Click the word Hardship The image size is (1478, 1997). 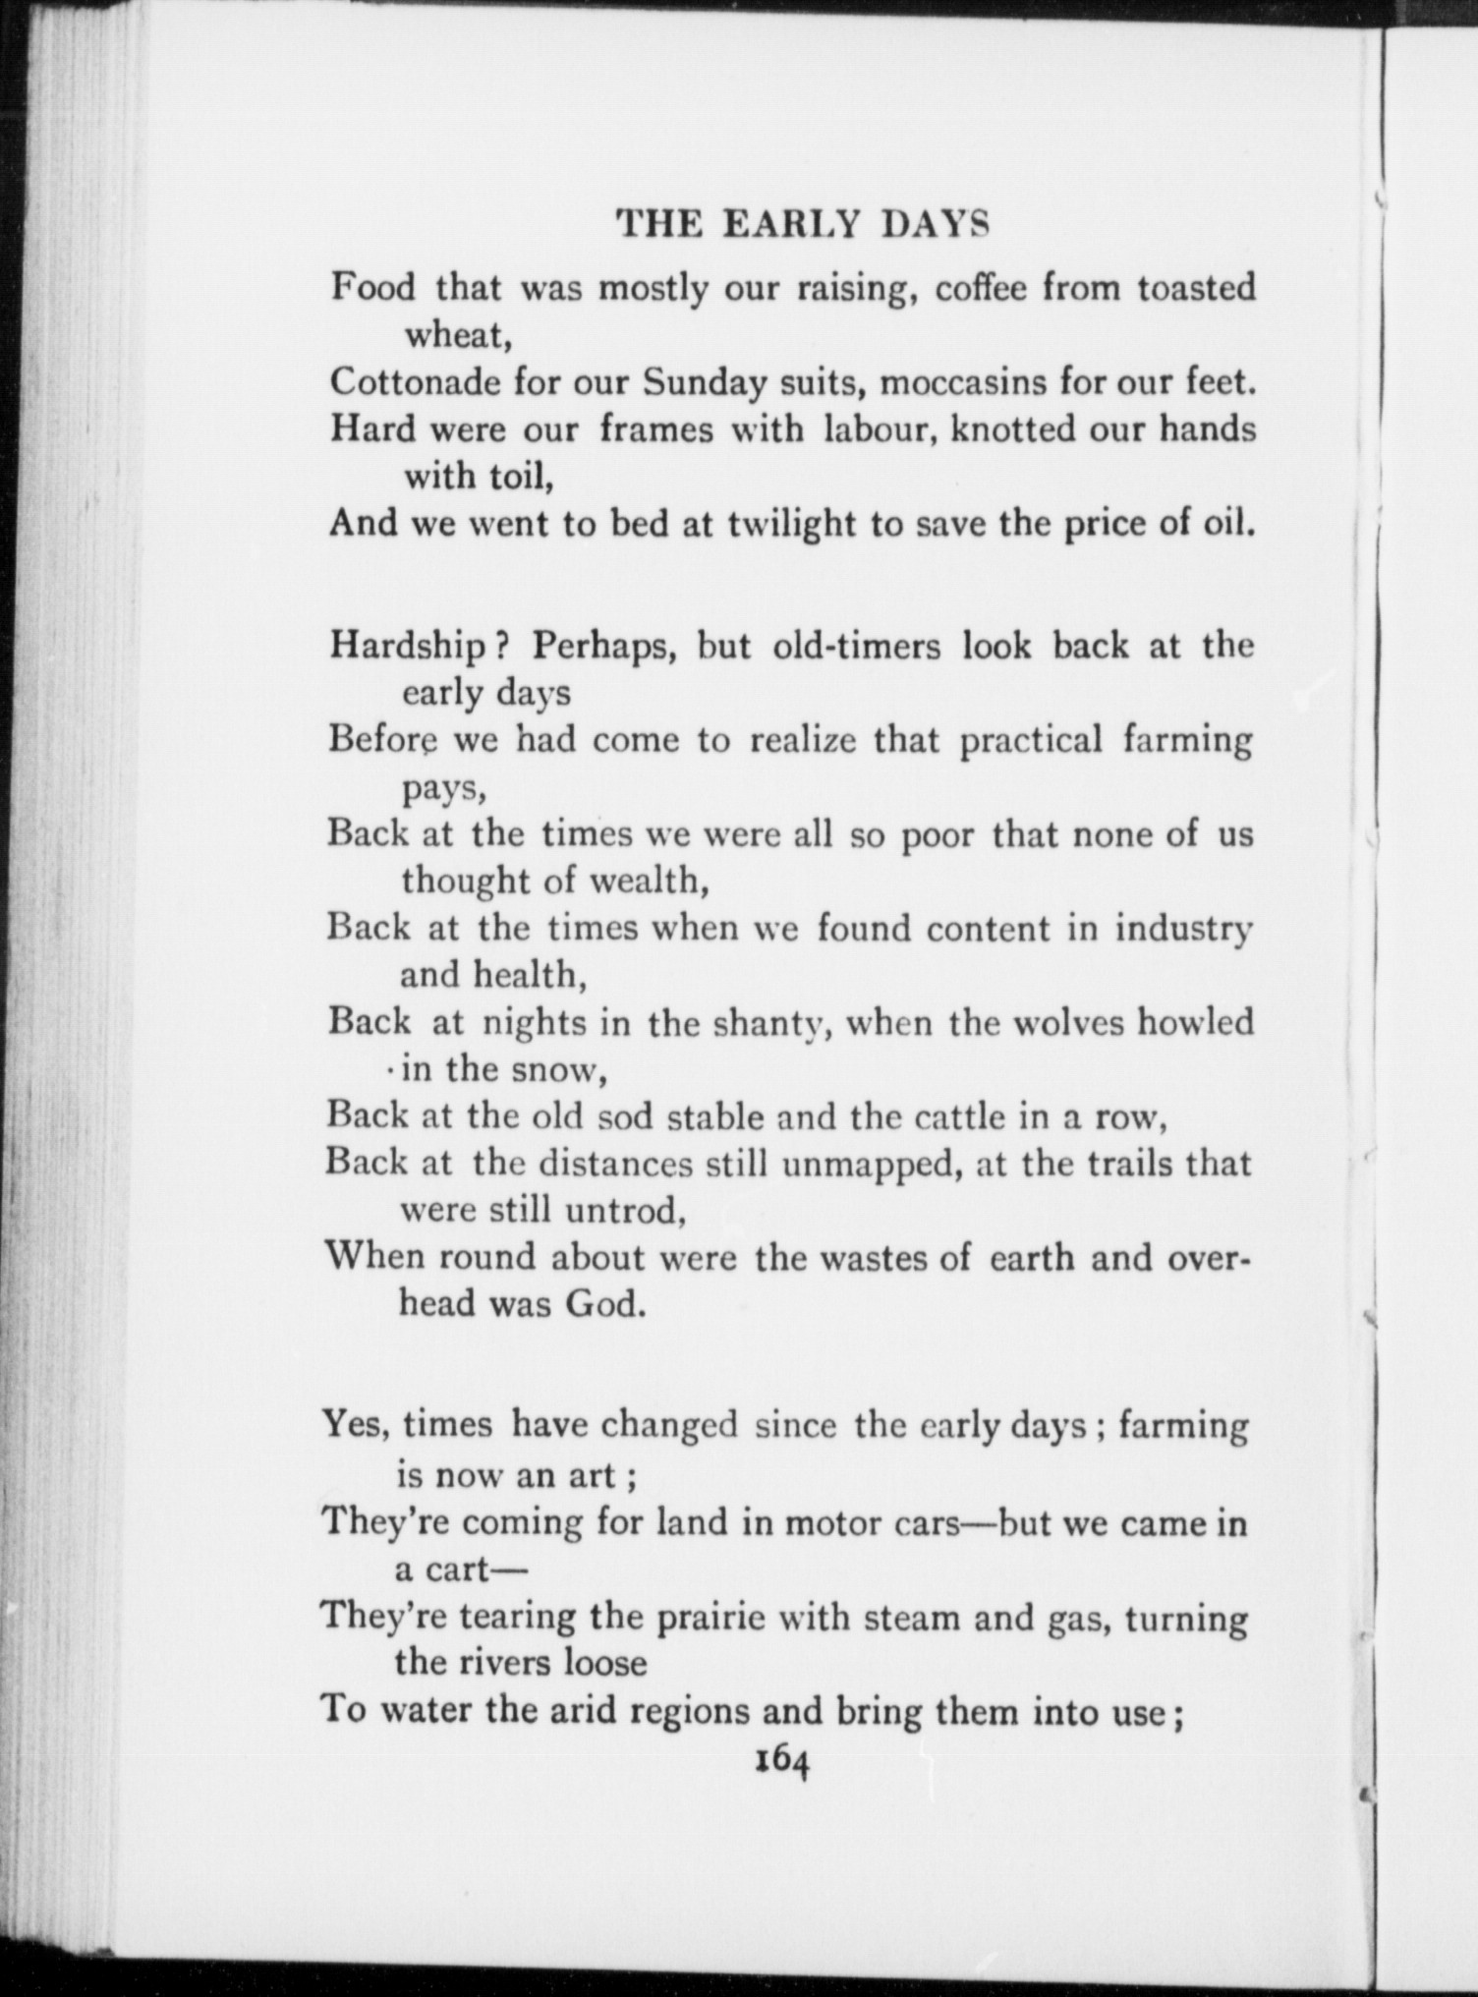click(x=408, y=647)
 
